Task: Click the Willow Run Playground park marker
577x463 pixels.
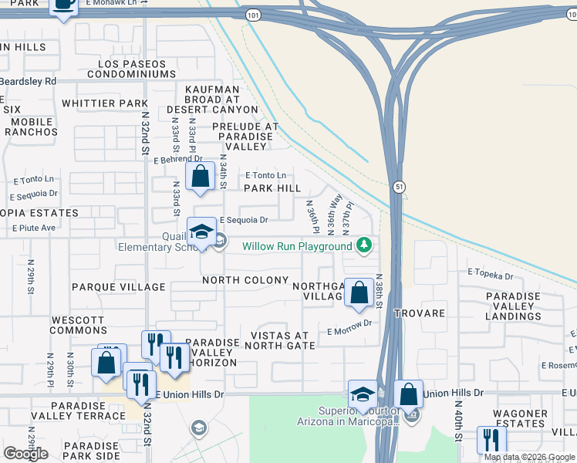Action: coord(363,246)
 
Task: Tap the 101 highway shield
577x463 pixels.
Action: coord(254,15)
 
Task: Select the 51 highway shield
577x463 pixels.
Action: coord(398,186)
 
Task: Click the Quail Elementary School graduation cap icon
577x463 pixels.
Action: coord(201,232)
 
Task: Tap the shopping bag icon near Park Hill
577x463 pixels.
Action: coord(201,175)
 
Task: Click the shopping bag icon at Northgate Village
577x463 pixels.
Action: coord(359,292)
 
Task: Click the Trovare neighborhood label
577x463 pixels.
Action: coord(420,313)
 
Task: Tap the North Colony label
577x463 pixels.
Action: coord(245,280)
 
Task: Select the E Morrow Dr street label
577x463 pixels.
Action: coord(354,327)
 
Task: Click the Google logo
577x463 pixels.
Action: coord(25,454)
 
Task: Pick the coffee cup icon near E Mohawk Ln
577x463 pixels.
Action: coord(63,5)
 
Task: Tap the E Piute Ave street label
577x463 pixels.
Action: coord(34,228)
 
